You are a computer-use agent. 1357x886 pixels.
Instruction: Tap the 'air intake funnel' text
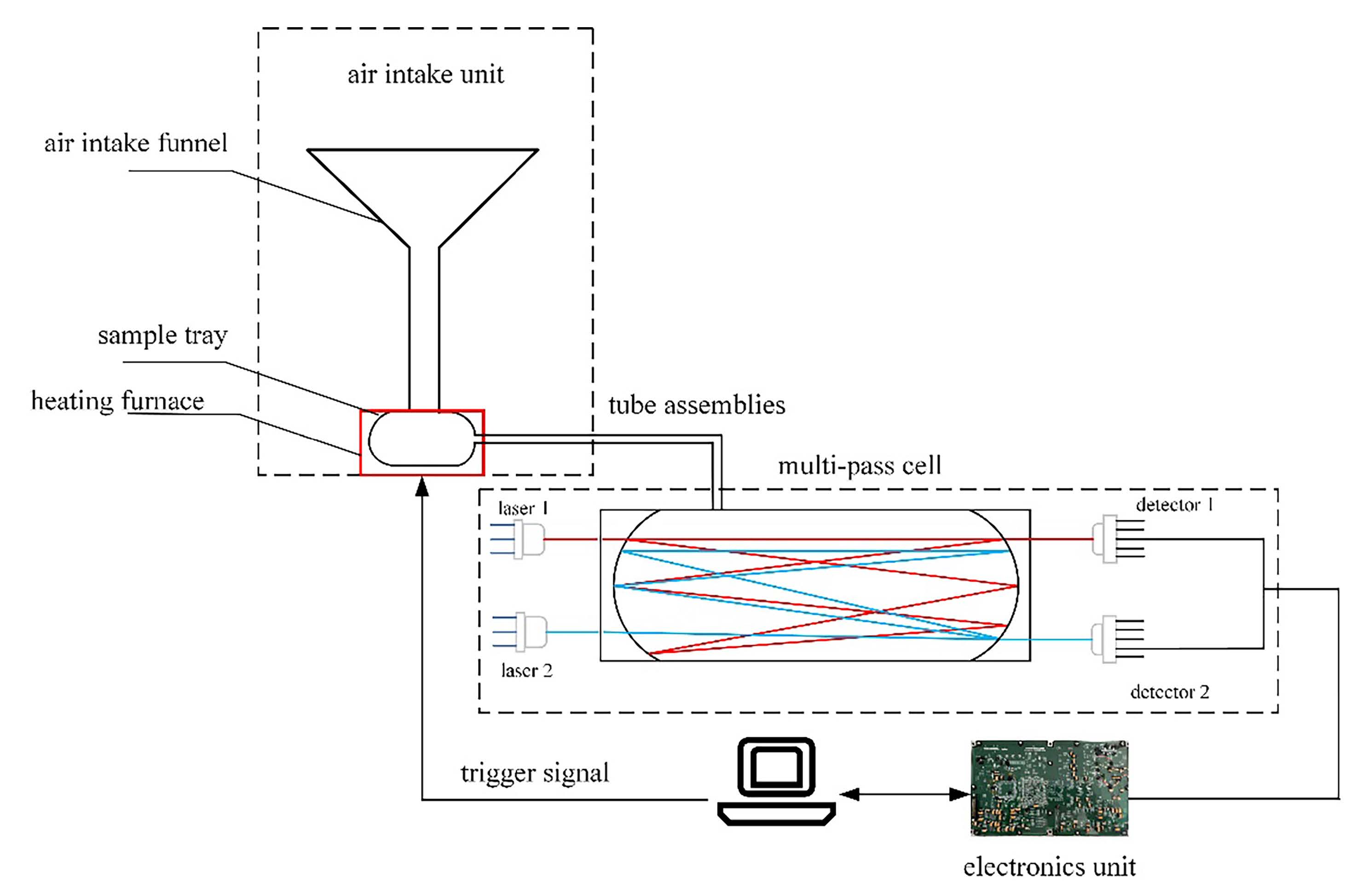(136, 143)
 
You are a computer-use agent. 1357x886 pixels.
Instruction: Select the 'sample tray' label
(162, 335)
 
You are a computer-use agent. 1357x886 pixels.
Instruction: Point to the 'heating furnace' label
(117, 401)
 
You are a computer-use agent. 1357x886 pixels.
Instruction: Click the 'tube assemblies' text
(696, 406)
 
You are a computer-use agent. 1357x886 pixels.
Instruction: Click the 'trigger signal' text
(534, 774)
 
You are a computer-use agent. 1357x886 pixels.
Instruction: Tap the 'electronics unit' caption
(1049, 867)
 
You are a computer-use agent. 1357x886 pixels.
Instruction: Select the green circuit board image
(1049, 788)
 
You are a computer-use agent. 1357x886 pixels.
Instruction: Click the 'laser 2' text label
(526, 671)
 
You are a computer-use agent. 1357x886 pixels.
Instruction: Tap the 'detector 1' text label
(1174, 505)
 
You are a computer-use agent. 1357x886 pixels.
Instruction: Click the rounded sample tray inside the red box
(422, 439)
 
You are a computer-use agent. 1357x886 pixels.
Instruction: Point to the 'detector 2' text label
(1169, 692)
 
